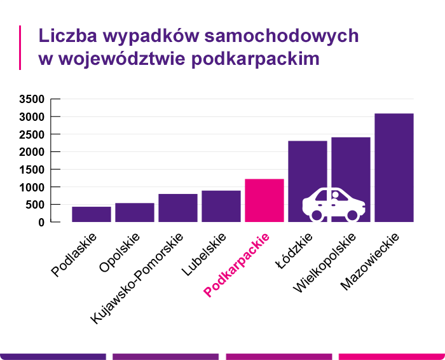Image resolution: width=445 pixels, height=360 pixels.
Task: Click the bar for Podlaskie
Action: point(91,214)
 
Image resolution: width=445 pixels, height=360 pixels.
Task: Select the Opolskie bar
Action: point(134,212)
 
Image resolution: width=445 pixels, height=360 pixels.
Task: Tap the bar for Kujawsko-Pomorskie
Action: point(177,208)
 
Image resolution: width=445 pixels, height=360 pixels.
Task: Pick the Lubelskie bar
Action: point(221,206)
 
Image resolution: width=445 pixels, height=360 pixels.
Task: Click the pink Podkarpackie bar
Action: point(264,200)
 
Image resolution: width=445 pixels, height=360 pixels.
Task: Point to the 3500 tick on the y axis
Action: point(31,99)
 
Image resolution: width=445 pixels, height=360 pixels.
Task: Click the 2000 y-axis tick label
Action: point(31,152)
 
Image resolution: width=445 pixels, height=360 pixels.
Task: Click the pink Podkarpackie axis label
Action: point(237,265)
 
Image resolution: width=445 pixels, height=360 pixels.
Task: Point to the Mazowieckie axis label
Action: point(369,261)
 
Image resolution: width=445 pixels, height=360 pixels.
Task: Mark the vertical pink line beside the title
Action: point(20,47)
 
